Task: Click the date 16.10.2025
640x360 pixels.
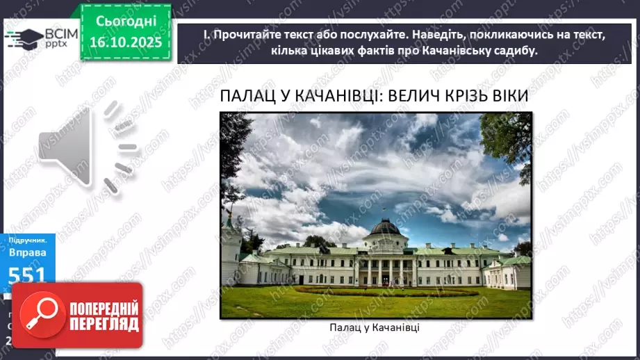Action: coord(125,43)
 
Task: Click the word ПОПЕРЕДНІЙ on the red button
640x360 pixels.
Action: coord(102,308)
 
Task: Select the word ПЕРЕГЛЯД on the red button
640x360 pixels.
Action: coord(102,324)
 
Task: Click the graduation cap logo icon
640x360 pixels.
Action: coord(23,37)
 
